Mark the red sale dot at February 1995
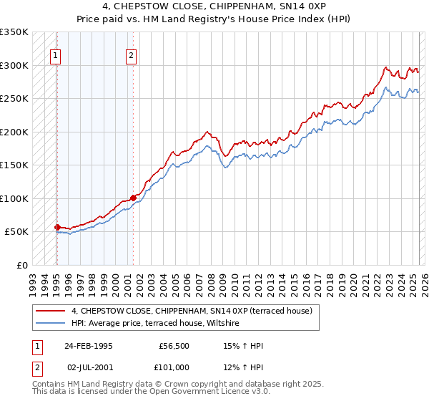(58, 227)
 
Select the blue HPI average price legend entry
(158, 324)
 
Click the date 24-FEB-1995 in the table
(89, 346)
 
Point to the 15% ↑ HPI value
(244, 346)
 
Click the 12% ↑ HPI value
(244, 367)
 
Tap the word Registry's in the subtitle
(234, 18)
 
